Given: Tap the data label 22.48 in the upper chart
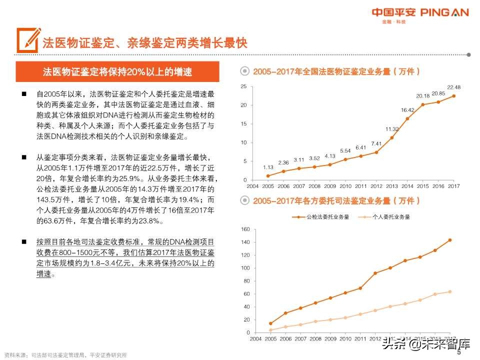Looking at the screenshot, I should coord(453,87).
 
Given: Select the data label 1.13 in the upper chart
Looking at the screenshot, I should coord(268,167).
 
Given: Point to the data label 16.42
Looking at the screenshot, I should coord(407,110).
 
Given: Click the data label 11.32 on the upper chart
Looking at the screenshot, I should coord(392,129).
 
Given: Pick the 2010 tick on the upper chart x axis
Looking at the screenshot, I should coord(345,186).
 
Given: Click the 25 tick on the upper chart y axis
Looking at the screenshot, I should coord(243,86).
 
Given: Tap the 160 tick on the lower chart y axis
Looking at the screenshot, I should coord(245,229).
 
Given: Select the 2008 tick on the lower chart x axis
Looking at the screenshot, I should coord(315,338).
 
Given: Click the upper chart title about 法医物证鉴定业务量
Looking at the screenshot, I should coord(336,71).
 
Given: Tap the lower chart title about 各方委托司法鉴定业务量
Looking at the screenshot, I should coord(336,201).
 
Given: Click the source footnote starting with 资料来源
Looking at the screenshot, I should coord(65,355).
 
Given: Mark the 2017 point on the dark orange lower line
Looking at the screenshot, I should coord(450,240).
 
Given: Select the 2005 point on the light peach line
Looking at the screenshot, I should coord(270,330).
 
